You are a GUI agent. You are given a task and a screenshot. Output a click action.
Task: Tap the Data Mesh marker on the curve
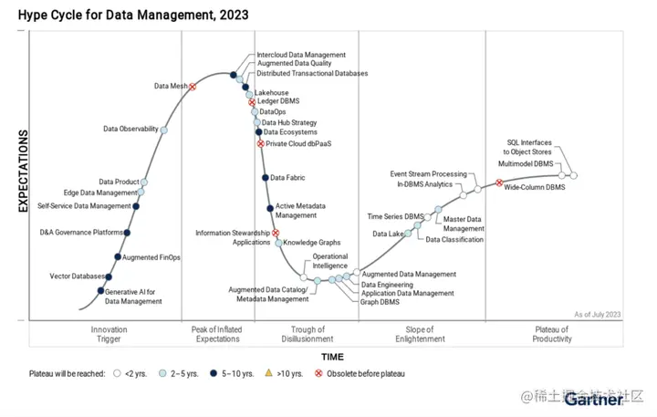click(x=193, y=87)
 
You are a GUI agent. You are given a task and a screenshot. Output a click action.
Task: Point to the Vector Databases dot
click(x=109, y=276)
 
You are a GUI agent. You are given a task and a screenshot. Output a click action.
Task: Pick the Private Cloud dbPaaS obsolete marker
click(x=261, y=144)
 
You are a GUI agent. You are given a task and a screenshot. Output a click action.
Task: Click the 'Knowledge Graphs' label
click(x=311, y=243)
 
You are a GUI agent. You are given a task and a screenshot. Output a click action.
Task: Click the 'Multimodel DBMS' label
click(x=526, y=163)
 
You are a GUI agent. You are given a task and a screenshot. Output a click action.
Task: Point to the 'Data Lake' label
click(x=388, y=234)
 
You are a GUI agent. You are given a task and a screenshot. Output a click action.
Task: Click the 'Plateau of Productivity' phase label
click(x=552, y=334)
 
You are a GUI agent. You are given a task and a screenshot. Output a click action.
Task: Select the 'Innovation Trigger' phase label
click(x=109, y=334)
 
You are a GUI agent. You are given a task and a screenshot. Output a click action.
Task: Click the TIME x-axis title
click(x=332, y=357)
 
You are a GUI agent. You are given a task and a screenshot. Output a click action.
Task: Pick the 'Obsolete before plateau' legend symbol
click(x=318, y=373)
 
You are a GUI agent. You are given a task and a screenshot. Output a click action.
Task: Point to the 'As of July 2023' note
click(x=598, y=315)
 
